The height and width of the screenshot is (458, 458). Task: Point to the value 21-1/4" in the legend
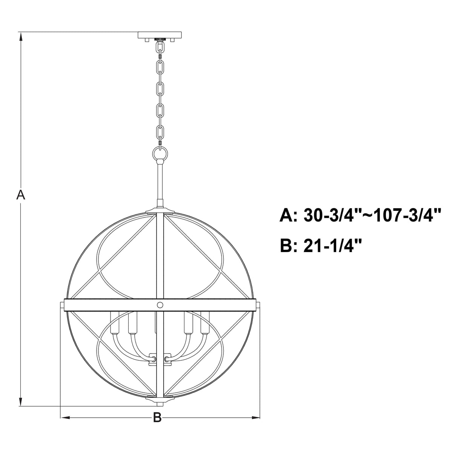coord(333,246)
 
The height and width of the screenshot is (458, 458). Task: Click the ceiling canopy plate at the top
coord(160,35)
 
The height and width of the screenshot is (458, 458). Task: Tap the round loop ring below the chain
coord(160,154)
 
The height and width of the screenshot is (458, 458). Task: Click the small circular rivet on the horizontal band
coord(160,305)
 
